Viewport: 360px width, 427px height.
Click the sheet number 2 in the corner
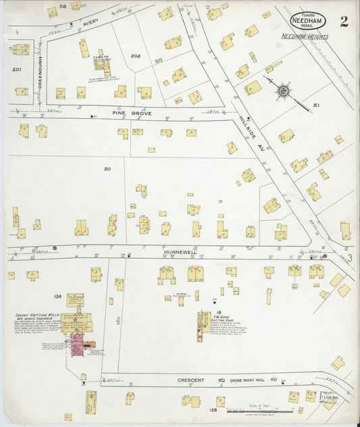pos(344,20)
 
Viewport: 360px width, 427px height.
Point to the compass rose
pos(282,90)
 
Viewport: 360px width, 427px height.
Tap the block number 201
pos(17,69)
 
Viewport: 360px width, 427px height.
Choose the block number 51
pos(316,105)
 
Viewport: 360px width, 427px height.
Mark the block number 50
pos(107,168)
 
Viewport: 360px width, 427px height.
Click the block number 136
pos(57,297)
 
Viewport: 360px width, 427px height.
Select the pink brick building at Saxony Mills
pos(78,344)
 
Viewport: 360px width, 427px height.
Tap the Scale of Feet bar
pos(260,410)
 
